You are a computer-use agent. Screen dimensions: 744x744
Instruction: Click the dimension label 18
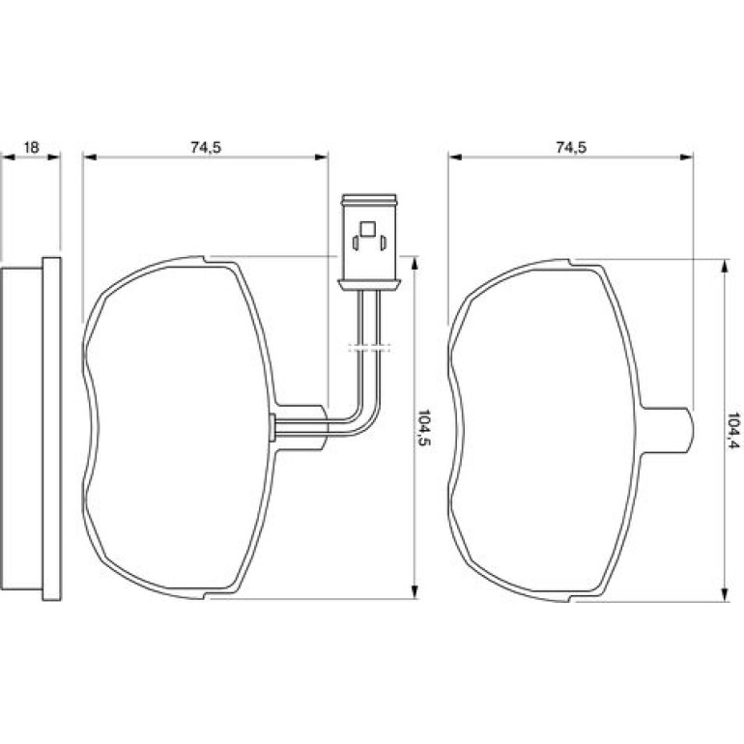tap(31, 148)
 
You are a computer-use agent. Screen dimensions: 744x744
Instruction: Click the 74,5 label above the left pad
tap(206, 148)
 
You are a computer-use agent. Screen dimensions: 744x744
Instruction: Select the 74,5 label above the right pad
tap(571, 148)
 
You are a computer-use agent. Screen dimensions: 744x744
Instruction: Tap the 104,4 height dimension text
tap(734, 431)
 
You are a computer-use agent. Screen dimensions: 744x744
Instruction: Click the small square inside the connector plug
tap(368, 229)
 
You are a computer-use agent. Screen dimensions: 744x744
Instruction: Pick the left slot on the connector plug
tap(356, 243)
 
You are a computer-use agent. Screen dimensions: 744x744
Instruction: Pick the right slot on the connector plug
tap(383, 243)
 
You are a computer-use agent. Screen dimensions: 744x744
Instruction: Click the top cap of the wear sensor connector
tap(369, 199)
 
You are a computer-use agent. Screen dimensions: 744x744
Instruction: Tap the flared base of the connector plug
tap(369, 284)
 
